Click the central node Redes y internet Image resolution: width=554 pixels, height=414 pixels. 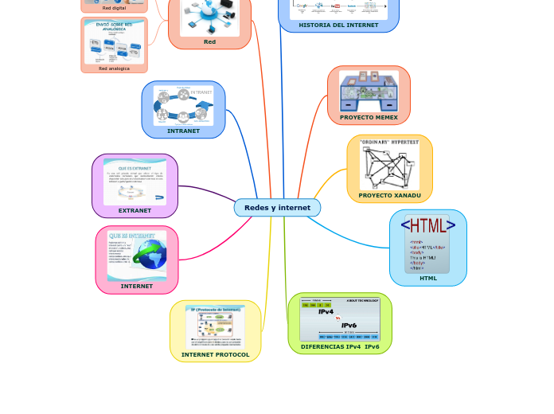click(277, 208)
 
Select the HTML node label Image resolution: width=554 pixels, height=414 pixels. click(428, 278)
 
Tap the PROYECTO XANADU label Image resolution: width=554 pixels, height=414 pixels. click(389, 195)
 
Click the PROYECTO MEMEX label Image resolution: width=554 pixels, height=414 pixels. click(369, 117)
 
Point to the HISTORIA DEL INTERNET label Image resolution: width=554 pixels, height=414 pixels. click(338, 25)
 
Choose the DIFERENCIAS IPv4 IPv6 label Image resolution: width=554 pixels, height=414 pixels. click(340, 346)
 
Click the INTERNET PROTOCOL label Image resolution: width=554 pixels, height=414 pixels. click(215, 354)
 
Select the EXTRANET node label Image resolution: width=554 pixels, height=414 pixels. click(135, 210)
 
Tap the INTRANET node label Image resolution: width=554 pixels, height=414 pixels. click(183, 131)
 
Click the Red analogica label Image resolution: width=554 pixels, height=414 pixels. click(114, 68)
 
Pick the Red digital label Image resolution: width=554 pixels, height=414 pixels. click(114, 8)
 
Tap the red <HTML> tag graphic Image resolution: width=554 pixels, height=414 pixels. click(428, 225)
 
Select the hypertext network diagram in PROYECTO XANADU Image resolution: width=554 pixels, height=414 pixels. click(389, 166)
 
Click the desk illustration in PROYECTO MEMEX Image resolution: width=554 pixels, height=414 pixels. click(369, 92)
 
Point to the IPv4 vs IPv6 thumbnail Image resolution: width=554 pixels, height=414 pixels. click(339, 319)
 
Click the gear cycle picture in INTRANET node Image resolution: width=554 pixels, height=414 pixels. click(183, 105)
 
